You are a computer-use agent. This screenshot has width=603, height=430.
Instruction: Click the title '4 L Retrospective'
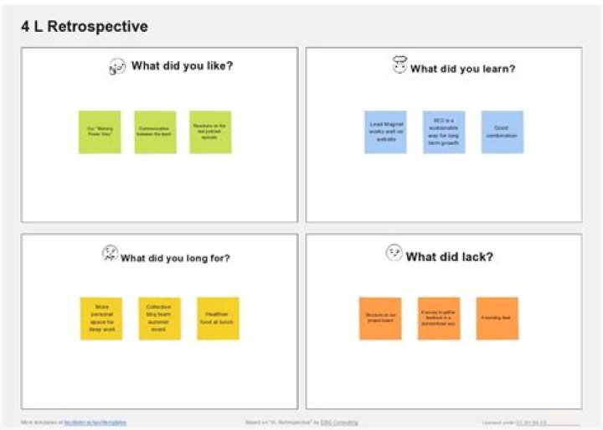click(x=85, y=27)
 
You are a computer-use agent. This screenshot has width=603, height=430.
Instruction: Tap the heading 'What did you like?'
click(x=182, y=66)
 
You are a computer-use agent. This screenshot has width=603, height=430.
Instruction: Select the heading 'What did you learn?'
click(x=462, y=69)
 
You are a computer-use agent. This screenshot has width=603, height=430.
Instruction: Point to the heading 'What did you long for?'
click(x=175, y=258)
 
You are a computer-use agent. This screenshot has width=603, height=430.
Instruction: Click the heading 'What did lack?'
click(x=449, y=256)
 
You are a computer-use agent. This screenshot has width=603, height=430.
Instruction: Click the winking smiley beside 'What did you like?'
click(x=117, y=66)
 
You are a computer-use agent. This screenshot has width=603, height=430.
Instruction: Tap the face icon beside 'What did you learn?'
click(x=399, y=65)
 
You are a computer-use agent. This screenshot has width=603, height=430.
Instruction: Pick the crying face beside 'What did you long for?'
click(x=110, y=253)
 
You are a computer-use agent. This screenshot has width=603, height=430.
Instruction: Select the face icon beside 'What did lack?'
click(x=394, y=252)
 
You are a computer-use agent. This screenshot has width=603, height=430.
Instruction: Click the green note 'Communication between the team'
click(x=155, y=132)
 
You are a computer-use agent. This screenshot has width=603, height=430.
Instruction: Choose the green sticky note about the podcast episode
click(x=210, y=132)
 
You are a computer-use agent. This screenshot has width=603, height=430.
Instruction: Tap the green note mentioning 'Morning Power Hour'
click(x=100, y=132)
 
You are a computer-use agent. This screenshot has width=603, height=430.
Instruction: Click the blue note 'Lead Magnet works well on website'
click(x=385, y=132)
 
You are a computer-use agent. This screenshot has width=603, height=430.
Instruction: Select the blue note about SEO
click(x=444, y=132)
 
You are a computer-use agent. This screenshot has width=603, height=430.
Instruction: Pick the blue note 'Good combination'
click(x=502, y=132)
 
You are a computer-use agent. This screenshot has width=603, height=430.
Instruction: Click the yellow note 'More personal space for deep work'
click(x=101, y=319)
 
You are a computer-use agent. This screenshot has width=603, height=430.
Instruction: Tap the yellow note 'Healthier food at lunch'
click(x=218, y=319)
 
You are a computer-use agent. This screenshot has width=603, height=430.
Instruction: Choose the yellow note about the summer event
click(x=159, y=319)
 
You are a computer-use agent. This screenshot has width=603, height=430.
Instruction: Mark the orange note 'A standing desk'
click(x=497, y=319)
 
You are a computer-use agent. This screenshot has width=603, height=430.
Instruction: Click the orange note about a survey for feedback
click(x=439, y=319)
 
